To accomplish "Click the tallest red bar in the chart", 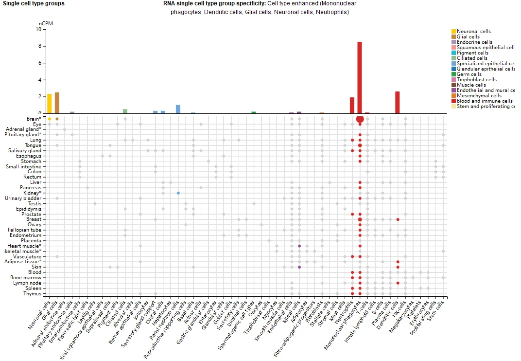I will [x=360, y=78].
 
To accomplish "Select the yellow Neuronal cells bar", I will [x=50, y=104].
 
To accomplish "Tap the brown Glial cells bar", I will [x=57, y=103].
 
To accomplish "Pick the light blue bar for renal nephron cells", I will [x=178, y=109].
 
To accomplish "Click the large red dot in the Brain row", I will [x=360, y=119].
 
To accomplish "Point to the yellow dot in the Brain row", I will [x=50, y=119].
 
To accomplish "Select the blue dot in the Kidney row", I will [x=178, y=193].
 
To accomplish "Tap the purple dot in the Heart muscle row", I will [x=299, y=246].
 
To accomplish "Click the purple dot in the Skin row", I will [x=299, y=267].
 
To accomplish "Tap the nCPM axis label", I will [x=45, y=23].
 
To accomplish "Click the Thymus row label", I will [x=33, y=293].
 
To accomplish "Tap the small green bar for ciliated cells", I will [x=125, y=111].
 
